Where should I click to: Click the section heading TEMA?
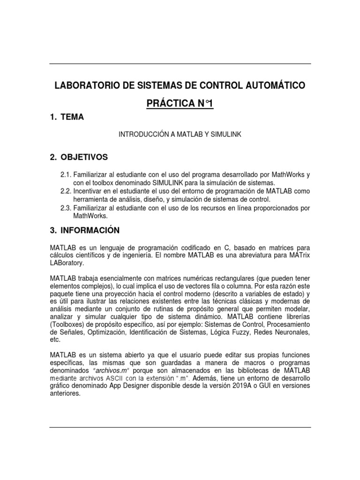pos(75,118)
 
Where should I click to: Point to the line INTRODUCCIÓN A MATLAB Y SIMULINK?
pos(180,134)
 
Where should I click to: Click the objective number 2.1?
pos(66,174)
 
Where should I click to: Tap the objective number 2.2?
pos(66,191)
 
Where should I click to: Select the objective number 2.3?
pos(66,208)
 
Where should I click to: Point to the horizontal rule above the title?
pos(180,64)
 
